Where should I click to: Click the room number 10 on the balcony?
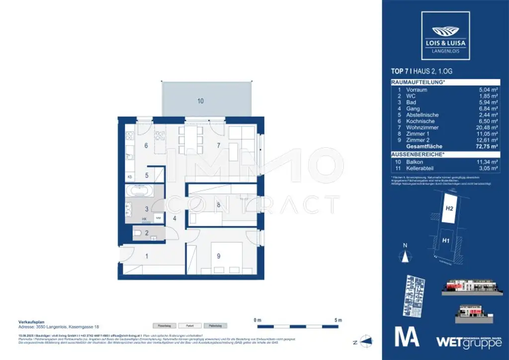coord(200,101)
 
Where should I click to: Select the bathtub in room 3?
coord(141,191)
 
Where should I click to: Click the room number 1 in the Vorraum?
coord(147,257)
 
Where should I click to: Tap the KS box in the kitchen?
coord(130,177)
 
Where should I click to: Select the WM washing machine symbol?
coord(158,218)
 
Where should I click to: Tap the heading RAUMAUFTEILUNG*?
coord(418,83)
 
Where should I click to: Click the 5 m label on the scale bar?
coord(338,319)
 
